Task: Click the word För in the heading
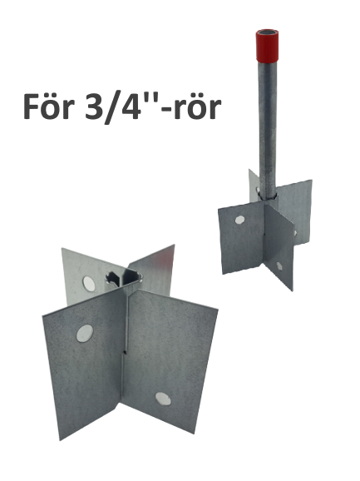[49, 106]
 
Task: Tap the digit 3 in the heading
[94, 107]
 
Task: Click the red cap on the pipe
[267, 45]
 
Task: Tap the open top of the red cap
[267, 32]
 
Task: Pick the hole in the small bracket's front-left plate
[240, 220]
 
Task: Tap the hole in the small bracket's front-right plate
[279, 265]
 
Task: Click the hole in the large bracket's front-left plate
[85, 333]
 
